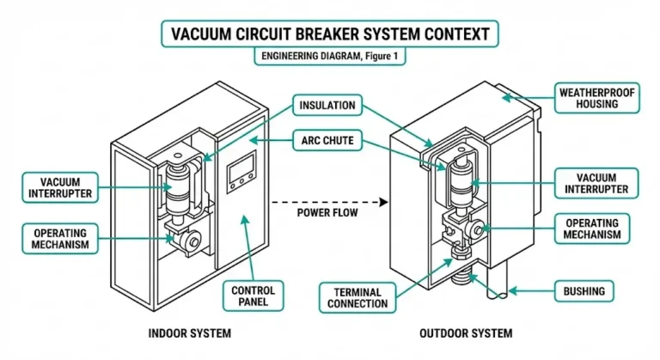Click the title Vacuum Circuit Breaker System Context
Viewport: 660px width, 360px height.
pyautogui.click(x=330, y=34)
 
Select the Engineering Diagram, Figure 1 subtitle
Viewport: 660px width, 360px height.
pyautogui.click(x=330, y=57)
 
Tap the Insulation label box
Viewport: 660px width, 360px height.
pyautogui.click(x=327, y=106)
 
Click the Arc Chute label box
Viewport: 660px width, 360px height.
pyautogui.click(x=327, y=140)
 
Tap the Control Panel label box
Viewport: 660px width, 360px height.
pyautogui.click(x=254, y=297)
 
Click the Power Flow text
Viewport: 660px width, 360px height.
pyautogui.click(x=327, y=211)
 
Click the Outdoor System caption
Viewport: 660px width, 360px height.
pyautogui.click(x=467, y=333)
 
